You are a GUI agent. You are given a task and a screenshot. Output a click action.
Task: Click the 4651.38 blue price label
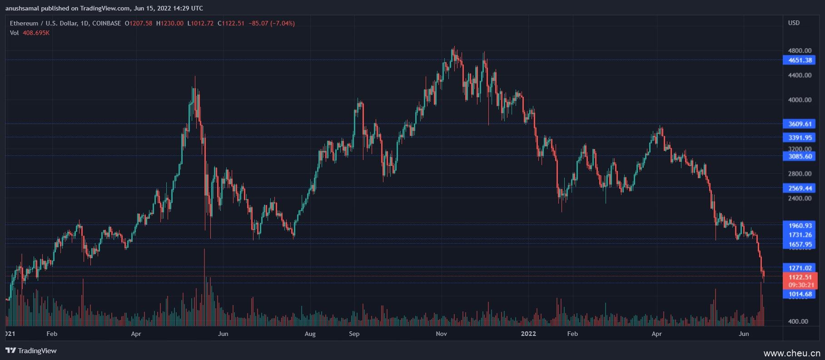point(800,60)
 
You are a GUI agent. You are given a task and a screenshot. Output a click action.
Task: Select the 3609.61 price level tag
point(800,124)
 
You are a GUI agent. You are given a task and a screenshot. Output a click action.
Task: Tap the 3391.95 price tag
point(800,138)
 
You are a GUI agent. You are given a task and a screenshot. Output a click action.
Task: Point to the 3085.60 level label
point(800,156)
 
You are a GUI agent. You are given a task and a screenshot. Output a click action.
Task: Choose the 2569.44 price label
point(800,188)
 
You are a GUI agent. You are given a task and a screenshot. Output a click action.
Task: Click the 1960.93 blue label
point(800,226)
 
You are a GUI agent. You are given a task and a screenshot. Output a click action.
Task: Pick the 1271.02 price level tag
point(800,268)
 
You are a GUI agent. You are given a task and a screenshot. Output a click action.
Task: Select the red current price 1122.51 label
point(800,277)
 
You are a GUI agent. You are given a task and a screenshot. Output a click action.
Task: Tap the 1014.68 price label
point(800,294)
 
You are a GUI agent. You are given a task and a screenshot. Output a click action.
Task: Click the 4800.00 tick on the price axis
point(800,50)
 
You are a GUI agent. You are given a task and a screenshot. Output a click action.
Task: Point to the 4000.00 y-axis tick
point(800,100)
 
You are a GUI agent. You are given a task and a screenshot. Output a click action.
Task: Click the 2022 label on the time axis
point(528,334)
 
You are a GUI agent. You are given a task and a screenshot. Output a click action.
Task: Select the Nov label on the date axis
point(441,334)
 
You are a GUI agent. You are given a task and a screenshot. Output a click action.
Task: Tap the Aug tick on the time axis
point(310,334)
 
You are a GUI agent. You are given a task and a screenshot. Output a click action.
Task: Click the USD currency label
point(794,23)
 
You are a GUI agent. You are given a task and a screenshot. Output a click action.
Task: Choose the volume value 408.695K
point(36,33)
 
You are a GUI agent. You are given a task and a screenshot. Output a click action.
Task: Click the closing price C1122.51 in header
point(231,23)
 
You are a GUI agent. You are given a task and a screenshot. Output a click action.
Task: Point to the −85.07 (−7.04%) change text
point(272,23)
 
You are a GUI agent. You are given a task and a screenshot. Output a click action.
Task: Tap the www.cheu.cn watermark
point(791,353)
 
